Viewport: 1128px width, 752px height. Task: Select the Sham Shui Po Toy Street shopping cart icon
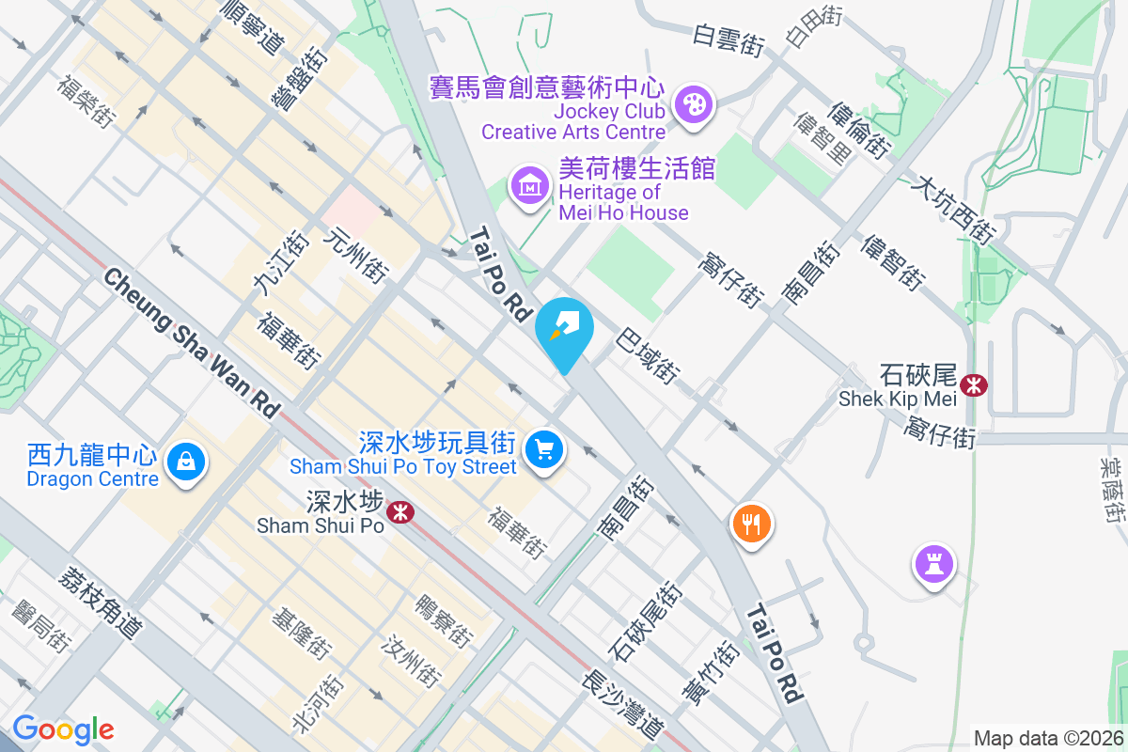pos(542,448)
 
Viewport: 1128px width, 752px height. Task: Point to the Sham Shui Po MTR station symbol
pos(401,512)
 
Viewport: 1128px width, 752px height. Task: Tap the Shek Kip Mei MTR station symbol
pos(974,384)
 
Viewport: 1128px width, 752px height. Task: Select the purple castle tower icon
pos(933,565)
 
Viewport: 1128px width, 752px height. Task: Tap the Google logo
pos(63,729)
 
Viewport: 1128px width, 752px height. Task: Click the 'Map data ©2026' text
pos(1048,738)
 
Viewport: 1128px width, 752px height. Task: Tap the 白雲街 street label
pos(728,40)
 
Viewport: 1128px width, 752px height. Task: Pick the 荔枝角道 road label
pos(99,603)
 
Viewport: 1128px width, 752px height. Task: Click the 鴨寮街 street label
pos(443,620)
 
